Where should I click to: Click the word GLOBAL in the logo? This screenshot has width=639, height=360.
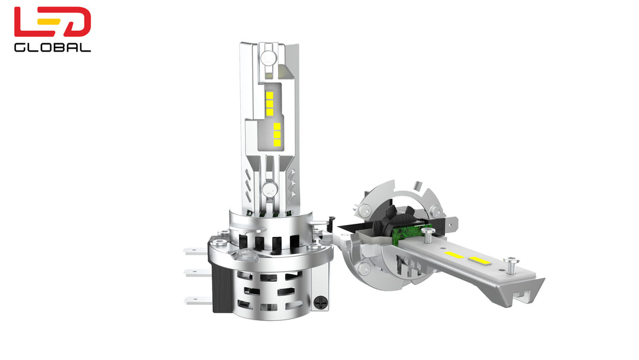pos(52,47)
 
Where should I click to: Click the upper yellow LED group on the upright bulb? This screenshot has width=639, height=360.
pos(269,104)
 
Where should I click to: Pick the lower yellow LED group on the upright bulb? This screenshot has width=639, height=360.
pos(277,134)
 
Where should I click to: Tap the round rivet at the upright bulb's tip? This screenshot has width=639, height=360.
pos(269,57)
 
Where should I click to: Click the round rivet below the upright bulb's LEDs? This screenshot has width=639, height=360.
pos(270,189)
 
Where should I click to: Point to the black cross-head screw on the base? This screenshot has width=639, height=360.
pos(321,303)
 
